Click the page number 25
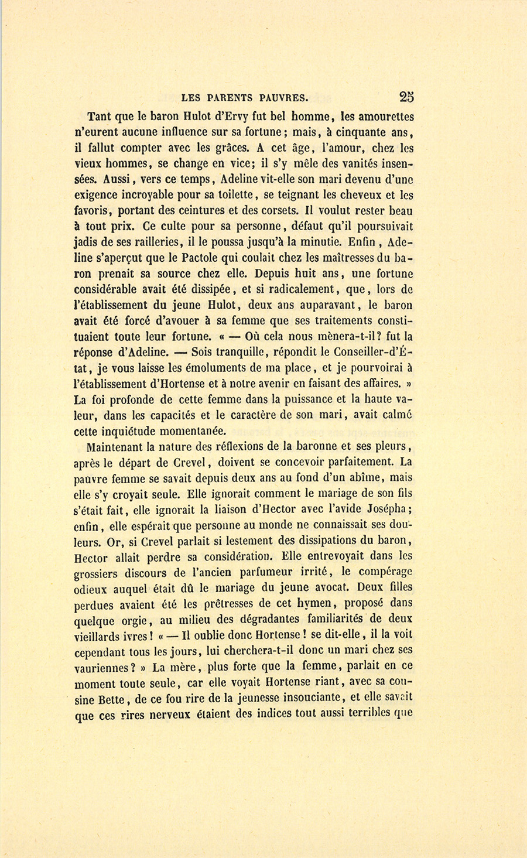pyautogui.click(x=406, y=97)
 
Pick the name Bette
pyautogui.click(x=116, y=699)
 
